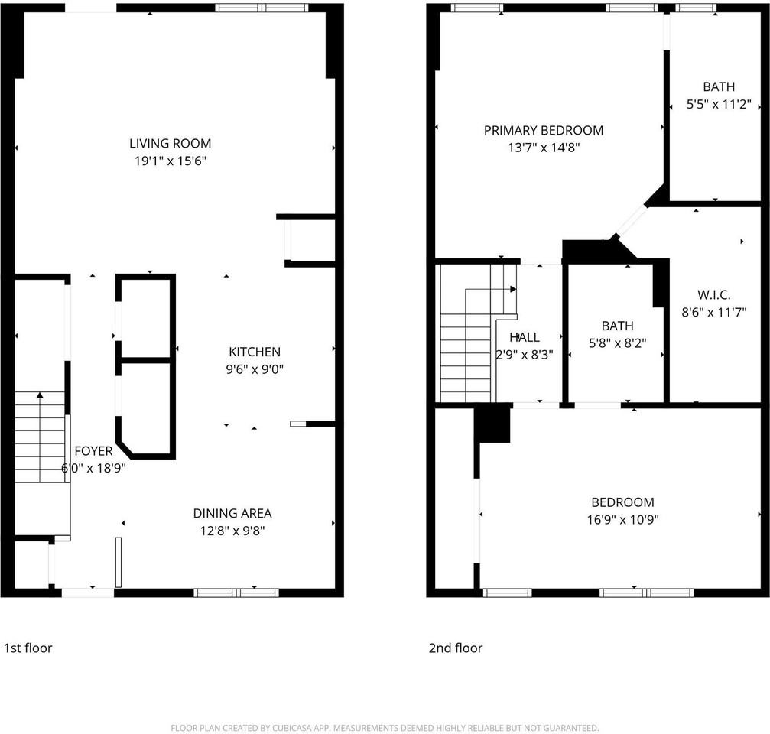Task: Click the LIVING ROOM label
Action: pos(170,143)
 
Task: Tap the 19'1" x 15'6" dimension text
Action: pos(170,161)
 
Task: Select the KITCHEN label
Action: pos(255,352)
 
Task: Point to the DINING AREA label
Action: pos(232,513)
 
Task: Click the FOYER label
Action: pos(93,451)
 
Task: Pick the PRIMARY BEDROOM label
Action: pos(543,131)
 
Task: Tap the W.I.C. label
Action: pos(713,294)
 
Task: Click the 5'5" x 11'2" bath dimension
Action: pos(719,105)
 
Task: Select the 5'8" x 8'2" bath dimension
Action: pos(616,343)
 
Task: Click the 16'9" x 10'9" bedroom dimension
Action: pos(622,520)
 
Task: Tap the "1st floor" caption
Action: pos(28,648)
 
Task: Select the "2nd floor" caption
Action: pos(455,648)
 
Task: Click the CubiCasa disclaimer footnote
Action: pos(385,728)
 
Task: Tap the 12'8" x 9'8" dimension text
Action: pos(232,530)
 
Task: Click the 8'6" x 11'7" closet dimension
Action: pos(713,312)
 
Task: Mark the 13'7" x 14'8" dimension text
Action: pos(543,148)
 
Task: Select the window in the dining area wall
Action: pos(236,593)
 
